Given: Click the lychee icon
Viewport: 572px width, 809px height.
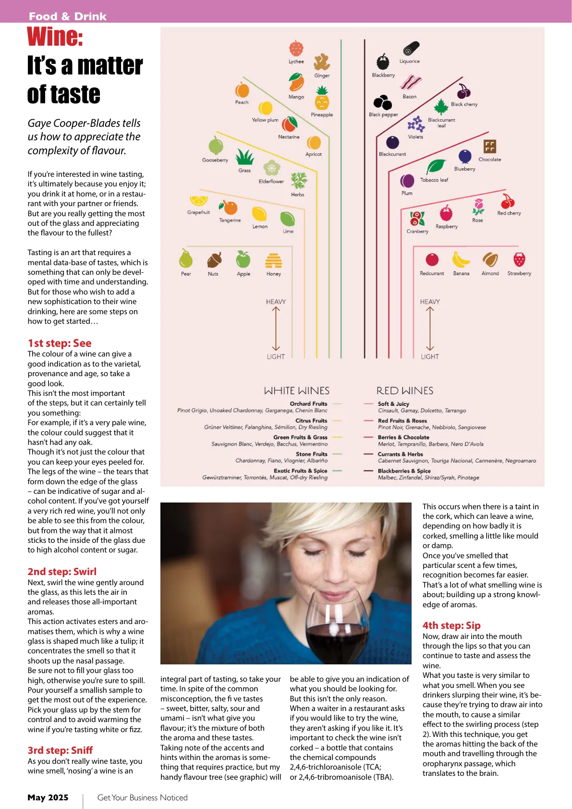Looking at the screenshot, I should (296, 49).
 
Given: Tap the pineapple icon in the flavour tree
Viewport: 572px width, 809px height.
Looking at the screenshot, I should (322, 99).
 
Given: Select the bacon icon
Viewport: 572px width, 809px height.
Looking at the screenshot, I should (411, 83).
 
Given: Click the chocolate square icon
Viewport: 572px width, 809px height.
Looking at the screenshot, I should (489, 147).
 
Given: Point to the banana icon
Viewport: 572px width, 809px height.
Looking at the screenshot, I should (461, 260).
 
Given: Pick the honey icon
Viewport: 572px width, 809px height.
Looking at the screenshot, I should (274, 260).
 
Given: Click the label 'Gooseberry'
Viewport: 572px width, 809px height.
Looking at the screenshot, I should (215, 160).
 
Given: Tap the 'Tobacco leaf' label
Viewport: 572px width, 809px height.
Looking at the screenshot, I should (434, 180).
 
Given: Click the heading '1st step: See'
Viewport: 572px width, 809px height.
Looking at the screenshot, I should (60, 343).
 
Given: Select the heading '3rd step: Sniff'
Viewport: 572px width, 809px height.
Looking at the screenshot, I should (60, 750).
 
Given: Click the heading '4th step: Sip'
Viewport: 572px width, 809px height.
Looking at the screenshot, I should (451, 625).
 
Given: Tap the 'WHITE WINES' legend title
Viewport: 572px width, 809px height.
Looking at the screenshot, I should (297, 391).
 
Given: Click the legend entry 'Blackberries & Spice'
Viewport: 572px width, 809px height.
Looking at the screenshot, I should (404, 471).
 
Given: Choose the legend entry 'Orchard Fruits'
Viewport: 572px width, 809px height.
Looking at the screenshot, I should (308, 404).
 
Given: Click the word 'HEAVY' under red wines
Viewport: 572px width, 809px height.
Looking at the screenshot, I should (430, 302).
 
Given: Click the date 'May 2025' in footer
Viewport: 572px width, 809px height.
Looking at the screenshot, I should (48, 797).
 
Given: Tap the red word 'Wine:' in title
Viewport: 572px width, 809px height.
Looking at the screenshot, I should (55, 37).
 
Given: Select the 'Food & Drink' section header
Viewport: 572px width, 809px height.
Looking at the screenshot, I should (68, 16).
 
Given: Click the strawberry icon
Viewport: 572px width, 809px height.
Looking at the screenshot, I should (519, 259).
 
